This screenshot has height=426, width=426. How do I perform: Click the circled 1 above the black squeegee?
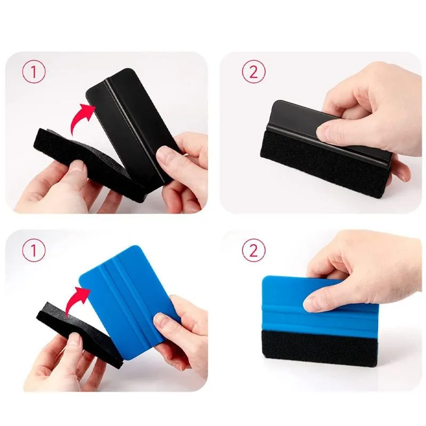tap(34, 72)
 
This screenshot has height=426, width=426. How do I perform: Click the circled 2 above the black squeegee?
tap(253, 71)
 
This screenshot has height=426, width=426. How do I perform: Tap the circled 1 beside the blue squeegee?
tap(34, 250)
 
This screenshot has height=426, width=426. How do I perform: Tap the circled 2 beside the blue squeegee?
tap(253, 250)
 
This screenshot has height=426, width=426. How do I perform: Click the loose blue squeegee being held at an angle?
tap(128, 301)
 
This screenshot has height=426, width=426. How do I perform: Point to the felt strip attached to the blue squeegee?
tap(318, 347)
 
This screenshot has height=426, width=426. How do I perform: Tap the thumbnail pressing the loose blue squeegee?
tap(161, 322)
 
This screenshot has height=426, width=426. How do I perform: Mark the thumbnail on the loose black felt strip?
tap(77, 166)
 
